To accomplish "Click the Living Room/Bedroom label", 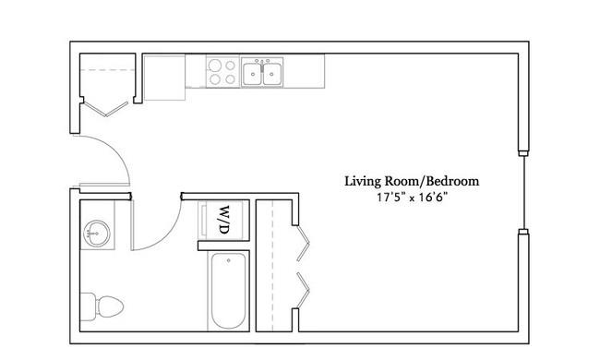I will point(412,181).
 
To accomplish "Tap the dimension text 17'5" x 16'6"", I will point(412,198).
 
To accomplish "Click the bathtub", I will point(227,292).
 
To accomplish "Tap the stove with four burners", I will point(221,72).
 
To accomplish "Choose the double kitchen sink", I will point(263,73).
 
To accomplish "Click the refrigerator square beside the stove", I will point(164,77).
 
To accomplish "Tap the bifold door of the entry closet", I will point(107,109).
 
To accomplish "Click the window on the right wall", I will point(523,191).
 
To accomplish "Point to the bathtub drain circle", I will point(228,261).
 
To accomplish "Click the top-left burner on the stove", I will point(212,66).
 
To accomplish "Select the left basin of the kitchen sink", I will point(253,75).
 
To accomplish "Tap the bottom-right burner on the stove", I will point(229,79).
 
